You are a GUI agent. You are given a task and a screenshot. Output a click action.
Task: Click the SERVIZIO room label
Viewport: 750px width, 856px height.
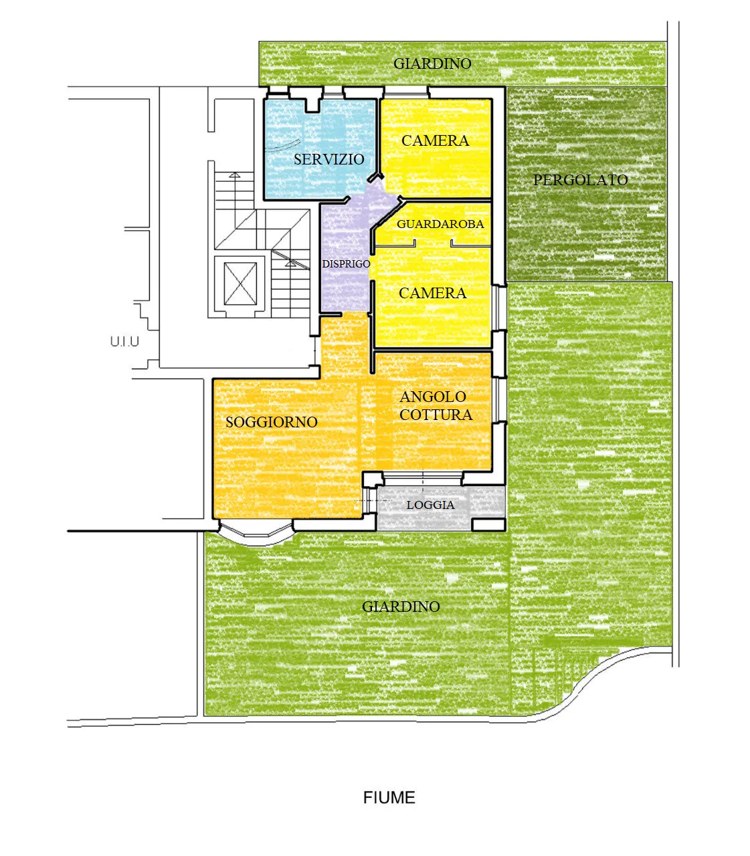[329, 159]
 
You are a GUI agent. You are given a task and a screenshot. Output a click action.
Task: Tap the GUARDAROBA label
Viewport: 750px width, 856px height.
[440, 224]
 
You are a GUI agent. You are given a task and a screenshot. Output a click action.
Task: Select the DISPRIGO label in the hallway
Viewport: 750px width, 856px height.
[346, 264]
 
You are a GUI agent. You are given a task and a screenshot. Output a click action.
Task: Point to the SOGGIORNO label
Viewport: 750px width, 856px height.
[272, 422]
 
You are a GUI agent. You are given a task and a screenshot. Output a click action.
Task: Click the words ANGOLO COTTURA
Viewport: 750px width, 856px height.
[436, 405]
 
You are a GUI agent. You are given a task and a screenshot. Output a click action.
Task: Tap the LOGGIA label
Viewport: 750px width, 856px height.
[431, 504]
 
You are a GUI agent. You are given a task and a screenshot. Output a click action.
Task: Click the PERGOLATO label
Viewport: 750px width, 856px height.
[581, 180]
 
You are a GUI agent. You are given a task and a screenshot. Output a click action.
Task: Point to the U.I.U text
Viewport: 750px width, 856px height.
[124, 342]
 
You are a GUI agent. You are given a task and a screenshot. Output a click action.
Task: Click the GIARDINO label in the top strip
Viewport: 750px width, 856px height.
[432, 64]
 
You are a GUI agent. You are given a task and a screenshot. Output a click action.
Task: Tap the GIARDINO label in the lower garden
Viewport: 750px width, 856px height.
[401, 607]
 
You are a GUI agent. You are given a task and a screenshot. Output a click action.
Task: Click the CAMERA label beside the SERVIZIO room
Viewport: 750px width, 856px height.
[436, 140]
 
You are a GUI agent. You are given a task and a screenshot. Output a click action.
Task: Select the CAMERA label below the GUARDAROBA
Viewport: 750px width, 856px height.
[432, 293]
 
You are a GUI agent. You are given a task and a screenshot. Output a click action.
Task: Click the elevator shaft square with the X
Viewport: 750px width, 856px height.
[240, 284]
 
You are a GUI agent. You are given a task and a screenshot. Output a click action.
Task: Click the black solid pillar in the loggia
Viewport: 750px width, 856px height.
[488, 525]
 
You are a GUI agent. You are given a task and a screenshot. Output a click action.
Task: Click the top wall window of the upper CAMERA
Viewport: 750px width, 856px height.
[405, 92]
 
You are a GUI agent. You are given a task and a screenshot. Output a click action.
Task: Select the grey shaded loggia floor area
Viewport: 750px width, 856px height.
[441, 508]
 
